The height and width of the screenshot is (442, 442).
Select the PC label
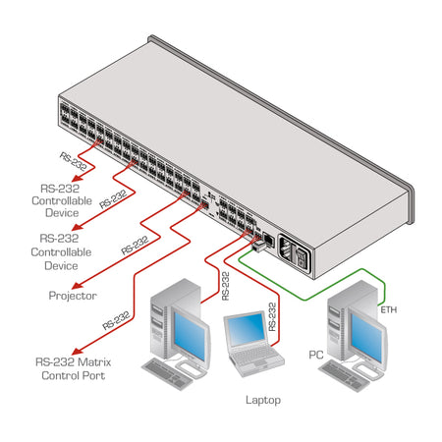click(316, 353)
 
